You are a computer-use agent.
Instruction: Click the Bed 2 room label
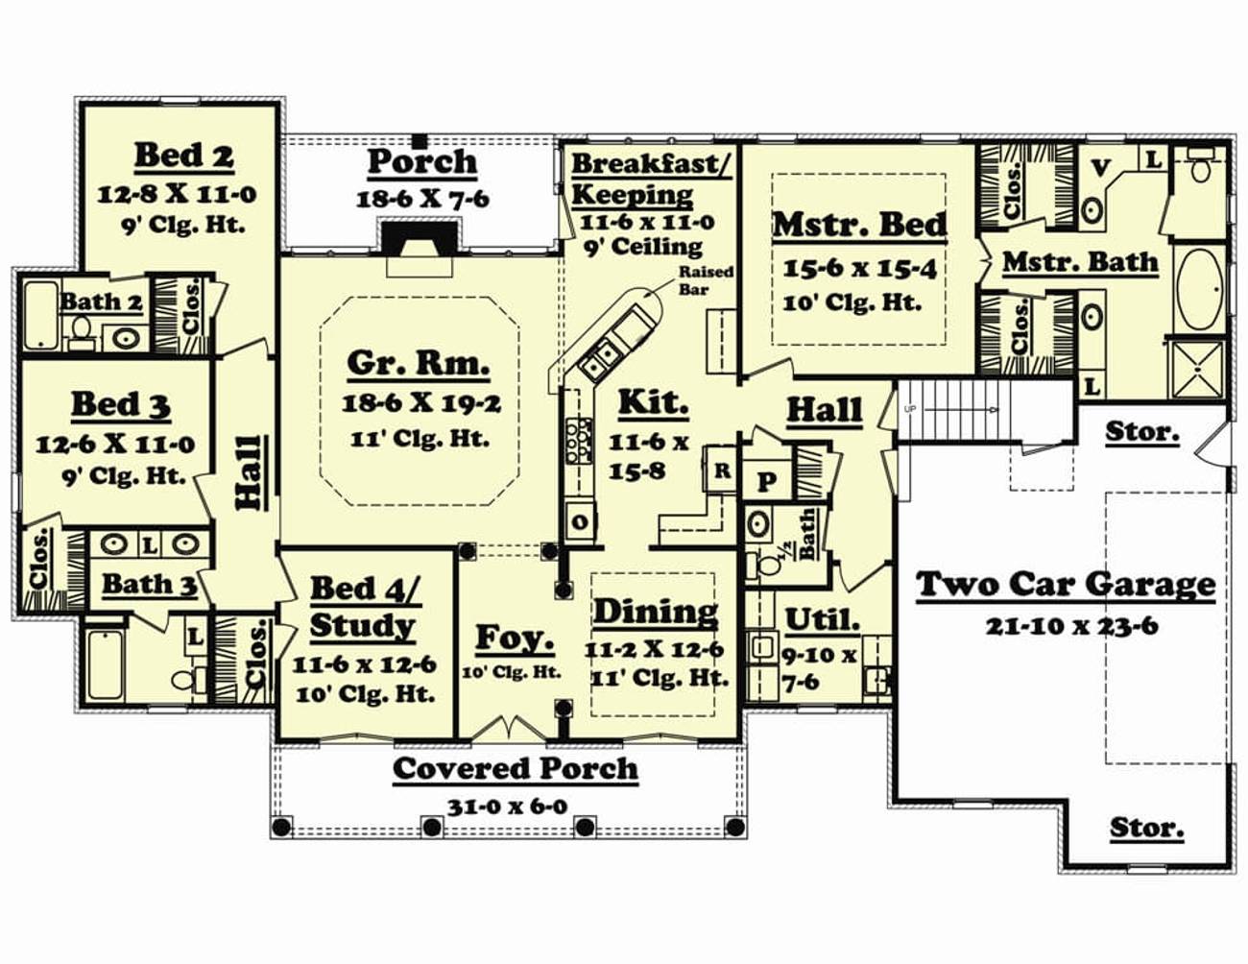click(x=184, y=157)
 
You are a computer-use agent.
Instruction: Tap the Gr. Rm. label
click(x=419, y=364)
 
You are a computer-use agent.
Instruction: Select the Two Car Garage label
click(x=1066, y=585)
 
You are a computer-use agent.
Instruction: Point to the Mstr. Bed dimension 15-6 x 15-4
click(x=860, y=268)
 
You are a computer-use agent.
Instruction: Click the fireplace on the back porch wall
click(x=420, y=235)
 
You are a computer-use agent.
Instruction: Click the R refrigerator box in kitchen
click(x=721, y=470)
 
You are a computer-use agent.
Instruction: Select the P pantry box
click(x=766, y=481)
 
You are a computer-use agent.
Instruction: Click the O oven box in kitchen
click(x=580, y=521)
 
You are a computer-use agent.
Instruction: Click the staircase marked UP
click(x=984, y=410)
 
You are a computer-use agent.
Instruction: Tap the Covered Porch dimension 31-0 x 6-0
click(x=507, y=807)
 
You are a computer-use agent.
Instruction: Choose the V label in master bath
click(x=1100, y=168)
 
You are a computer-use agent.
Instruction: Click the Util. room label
click(x=822, y=621)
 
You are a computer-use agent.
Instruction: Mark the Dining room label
click(x=656, y=611)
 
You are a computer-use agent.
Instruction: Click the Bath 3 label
click(x=150, y=585)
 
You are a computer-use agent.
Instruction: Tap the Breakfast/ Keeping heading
click(x=651, y=180)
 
